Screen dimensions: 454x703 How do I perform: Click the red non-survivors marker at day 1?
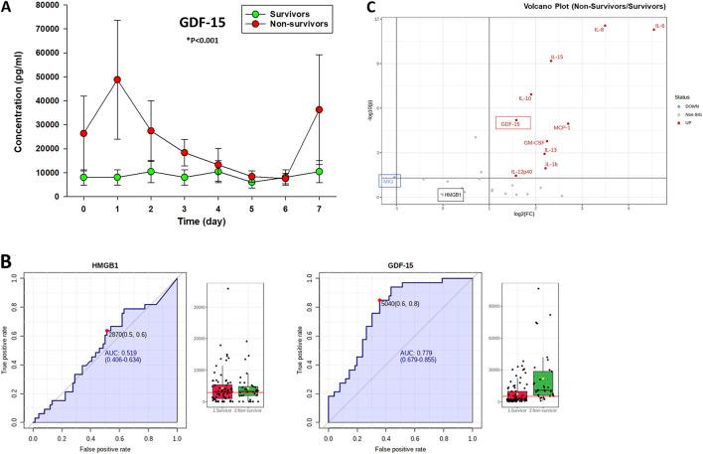pyautogui.click(x=117, y=79)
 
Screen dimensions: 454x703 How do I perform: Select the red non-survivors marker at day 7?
pyautogui.click(x=318, y=109)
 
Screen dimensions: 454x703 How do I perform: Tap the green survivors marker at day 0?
pyautogui.click(x=83, y=178)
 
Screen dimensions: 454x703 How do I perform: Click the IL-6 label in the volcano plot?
pyautogui.click(x=660, y=25)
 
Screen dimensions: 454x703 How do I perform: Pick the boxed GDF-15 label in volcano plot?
pyautogui.click(x=510, y=124)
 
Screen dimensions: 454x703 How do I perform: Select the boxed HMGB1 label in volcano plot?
pyautogui.click(x=452, y=196)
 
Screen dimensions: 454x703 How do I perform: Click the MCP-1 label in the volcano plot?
pyautogui.click(x=562, y=128)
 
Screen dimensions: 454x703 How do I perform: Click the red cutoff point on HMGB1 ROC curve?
pyautogui.click(x=105, y=331)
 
